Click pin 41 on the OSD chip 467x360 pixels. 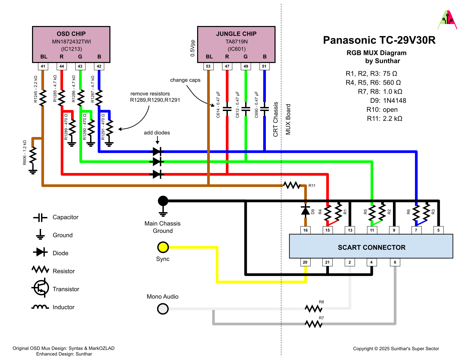point(43,66)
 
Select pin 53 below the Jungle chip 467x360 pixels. point(208,66)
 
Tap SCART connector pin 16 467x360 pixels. point(305,230)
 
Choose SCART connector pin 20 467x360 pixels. point(305,262)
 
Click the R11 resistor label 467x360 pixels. point(312,186)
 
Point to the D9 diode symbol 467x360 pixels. point(305,210)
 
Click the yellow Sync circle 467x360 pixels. point(163,247)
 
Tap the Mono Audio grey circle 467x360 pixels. point(163,309)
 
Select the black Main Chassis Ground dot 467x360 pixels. point(163,201)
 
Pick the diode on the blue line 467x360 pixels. point(157,152)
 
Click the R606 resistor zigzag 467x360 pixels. point(33,155)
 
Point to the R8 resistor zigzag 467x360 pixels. point(314,309)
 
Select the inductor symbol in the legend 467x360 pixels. point(40,307)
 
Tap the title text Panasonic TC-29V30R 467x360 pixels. point(379,40)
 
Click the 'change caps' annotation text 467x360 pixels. point(185,80)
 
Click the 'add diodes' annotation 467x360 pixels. point(157,133)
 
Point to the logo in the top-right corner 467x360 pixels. point(447,20)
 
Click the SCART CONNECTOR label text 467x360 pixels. point(372,247)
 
